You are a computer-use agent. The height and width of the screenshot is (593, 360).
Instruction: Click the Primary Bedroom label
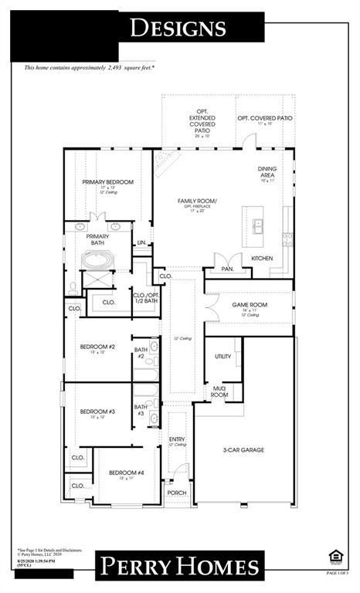coord(108,182)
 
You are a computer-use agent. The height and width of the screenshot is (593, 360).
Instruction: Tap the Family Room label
coord(197,202)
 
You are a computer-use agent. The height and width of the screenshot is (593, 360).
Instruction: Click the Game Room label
coord(250,305)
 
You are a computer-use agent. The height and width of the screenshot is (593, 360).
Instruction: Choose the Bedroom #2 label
coord(97,347)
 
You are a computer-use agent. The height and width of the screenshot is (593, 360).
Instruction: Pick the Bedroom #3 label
coord(97,412)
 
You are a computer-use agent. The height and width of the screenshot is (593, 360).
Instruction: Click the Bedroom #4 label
coord(126,473)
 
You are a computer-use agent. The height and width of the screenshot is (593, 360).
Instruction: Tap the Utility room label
coord(223,357)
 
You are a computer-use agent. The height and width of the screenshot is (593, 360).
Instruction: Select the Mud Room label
coord(219,392)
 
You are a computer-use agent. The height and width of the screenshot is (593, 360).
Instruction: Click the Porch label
coord(177,493)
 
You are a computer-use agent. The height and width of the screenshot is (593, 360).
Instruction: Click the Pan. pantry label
coord(227,269)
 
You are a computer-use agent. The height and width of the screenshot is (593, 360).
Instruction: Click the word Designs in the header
coord(178,29)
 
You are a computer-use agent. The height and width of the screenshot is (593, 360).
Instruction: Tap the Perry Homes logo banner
coord(178,566)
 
